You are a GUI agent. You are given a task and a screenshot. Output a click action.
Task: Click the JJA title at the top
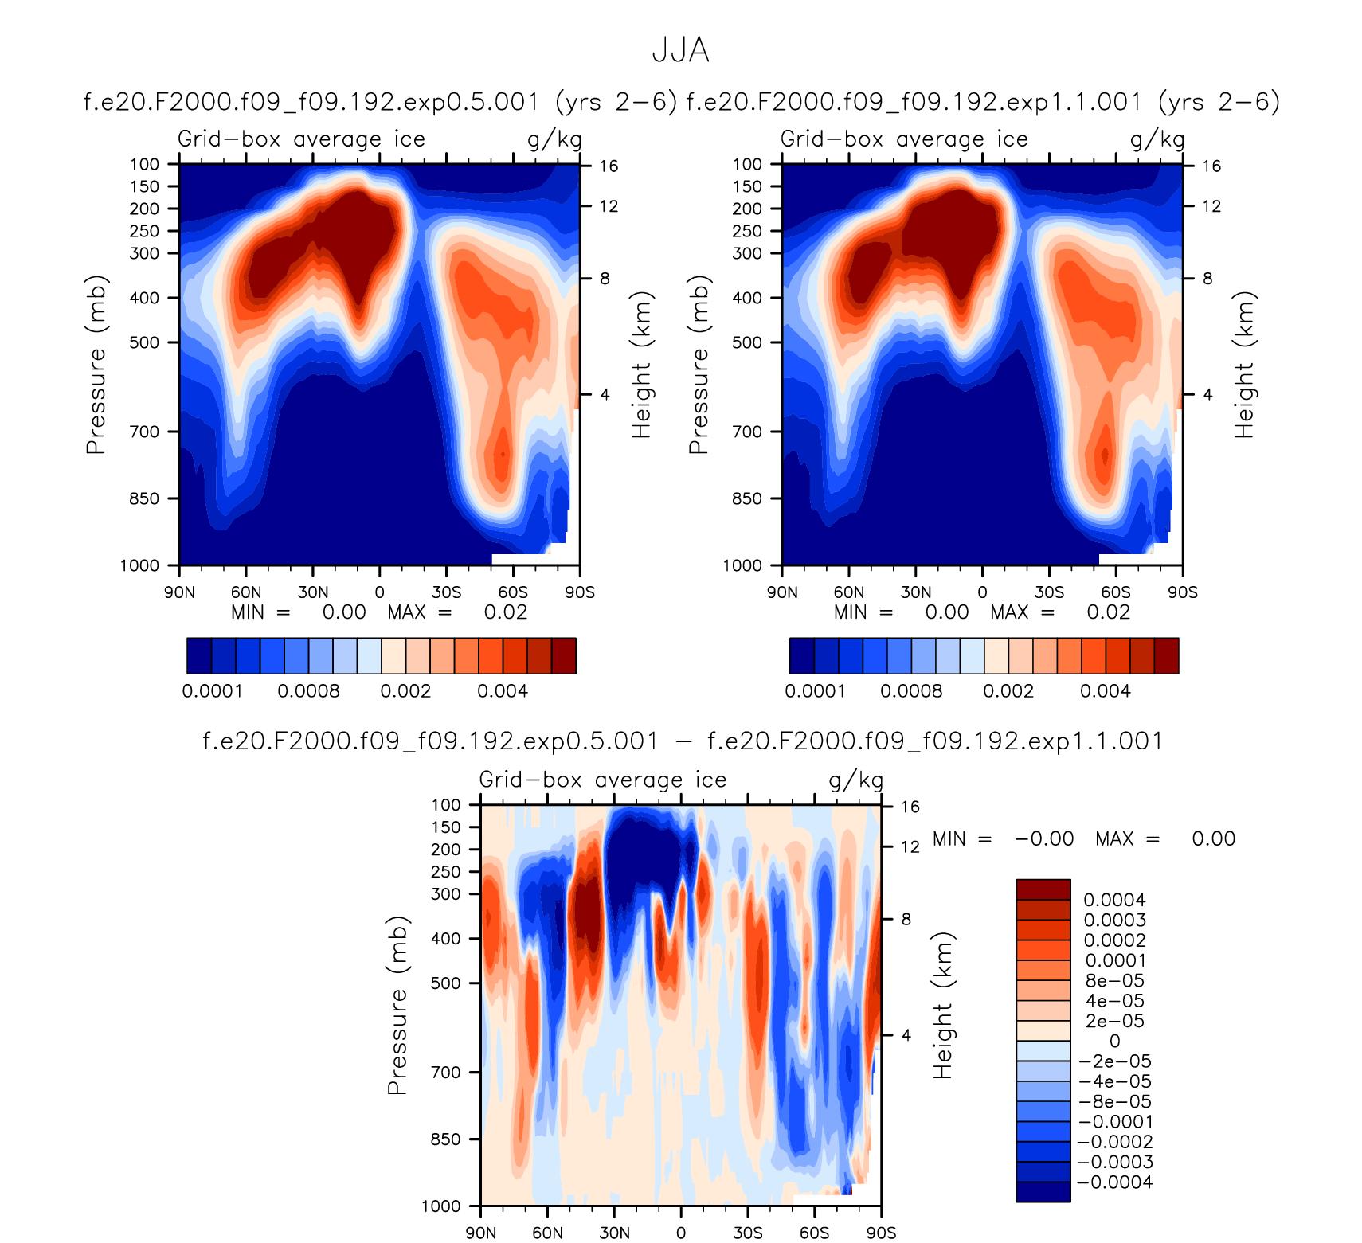pyautogui.click(x=680, y=50)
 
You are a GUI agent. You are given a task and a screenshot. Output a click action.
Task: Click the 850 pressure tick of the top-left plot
pyautogui.click(x=144, y=498)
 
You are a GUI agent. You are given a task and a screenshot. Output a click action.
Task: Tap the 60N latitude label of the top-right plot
pyautogui.click(x=849, y=592)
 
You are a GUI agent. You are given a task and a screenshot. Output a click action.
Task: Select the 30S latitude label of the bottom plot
pyautogui.click(x=747, y=1233)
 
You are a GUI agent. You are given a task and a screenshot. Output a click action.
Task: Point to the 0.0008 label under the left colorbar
pyautogui.click(x=308, y=691)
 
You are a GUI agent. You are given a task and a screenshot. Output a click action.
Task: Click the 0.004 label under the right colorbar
pyautogui.click(x=1105, y=691)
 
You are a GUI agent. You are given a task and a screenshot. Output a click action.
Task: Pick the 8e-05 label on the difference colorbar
pyautogui.click(x=1114, y=981)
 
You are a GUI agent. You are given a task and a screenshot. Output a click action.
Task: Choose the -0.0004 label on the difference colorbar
pyautogui.click(x=1114, y=1182)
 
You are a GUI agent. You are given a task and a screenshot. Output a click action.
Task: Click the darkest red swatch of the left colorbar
pyautogui.click(x=564, y=655)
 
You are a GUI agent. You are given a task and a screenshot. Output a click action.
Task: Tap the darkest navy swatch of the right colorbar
pyautogui.click(x=802, y=655)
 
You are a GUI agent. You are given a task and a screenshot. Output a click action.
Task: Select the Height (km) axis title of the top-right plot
pyautogui.click(x=1244, y=365)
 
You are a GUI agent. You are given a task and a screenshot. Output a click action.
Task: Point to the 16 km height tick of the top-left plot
pyautogui.click(x=609, y=166)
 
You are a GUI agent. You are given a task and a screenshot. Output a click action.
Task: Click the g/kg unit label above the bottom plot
pyautogui.click(x=856, y=780)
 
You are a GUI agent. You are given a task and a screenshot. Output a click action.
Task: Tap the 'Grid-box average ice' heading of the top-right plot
pyautogui.click(x=904, y=139)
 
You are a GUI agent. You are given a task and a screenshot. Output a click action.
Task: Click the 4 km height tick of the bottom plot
pyautogui.click(x=906, y=1035)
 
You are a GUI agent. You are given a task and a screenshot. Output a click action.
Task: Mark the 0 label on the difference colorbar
pyautogui.click(x=1114, y=1042)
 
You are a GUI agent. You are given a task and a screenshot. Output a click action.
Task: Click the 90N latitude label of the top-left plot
pyautogui.click(x=179, y=592)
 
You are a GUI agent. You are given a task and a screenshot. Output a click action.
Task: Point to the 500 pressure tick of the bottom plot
pyautogui.click(x=446, y=983)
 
